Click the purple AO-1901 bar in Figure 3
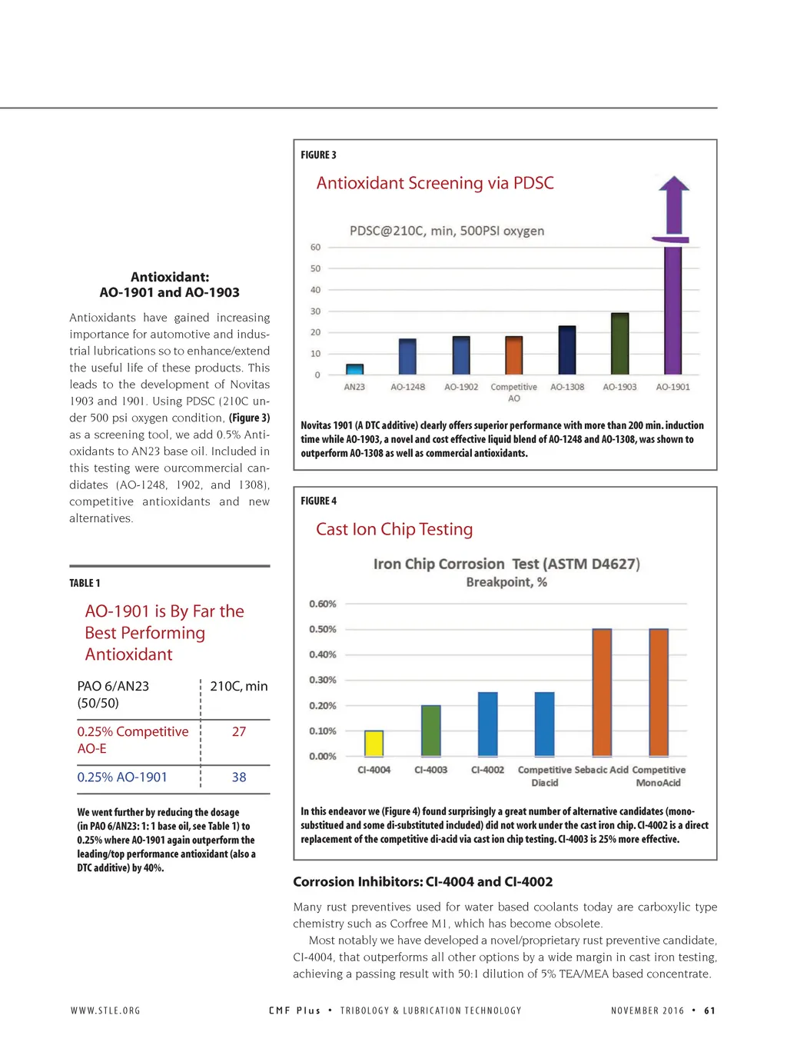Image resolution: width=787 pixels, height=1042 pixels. click(x=673, y=308)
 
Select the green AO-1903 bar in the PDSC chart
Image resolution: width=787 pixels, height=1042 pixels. click(x=619, y=344)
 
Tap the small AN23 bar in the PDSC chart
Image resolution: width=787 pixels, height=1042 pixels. click(x=354, y=369)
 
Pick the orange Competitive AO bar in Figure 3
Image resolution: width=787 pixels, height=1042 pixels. click(x=514, y=355)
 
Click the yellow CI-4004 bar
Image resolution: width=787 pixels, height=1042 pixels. click(x=374, y=744)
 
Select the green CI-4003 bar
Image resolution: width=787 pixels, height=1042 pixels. click(x=431, y=731)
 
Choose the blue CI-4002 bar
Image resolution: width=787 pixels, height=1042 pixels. click(x=487, y=724)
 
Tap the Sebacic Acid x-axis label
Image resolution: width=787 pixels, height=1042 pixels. click(x=601, y=770)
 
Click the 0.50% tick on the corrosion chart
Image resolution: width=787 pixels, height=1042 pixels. click(x=323, y=629)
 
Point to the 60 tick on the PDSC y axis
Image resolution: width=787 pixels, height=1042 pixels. click(x=315, y=247)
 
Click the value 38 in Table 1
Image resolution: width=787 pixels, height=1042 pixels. click(x=239, y=777)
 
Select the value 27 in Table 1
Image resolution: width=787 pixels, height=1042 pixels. click(x=239, y=731)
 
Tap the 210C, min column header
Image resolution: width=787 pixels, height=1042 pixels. click(x=239, y=686)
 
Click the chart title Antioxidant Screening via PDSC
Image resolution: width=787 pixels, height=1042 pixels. click(x=435, y=183)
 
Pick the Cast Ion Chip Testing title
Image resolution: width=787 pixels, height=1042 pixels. click(x=394, y=529)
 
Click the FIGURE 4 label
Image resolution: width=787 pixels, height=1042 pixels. click(x=318, y=501)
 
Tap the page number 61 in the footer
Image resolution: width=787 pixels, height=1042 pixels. click(x=709, y=1010)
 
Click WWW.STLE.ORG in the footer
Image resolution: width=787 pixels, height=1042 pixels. click(x=105, y=1010)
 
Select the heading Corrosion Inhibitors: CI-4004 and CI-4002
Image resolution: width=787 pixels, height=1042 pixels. click(x=423, y=882)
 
